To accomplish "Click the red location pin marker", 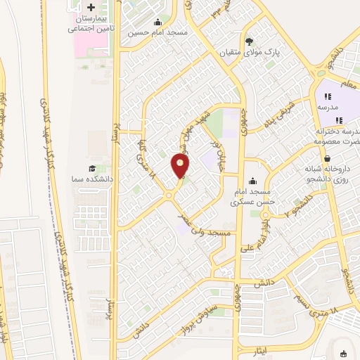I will pyautogui.click(x=181, y=166).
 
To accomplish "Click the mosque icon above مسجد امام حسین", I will pyautogui.click(x=157, y=22).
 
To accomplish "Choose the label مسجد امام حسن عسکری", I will pyautogui.click(x=251, y=196).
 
